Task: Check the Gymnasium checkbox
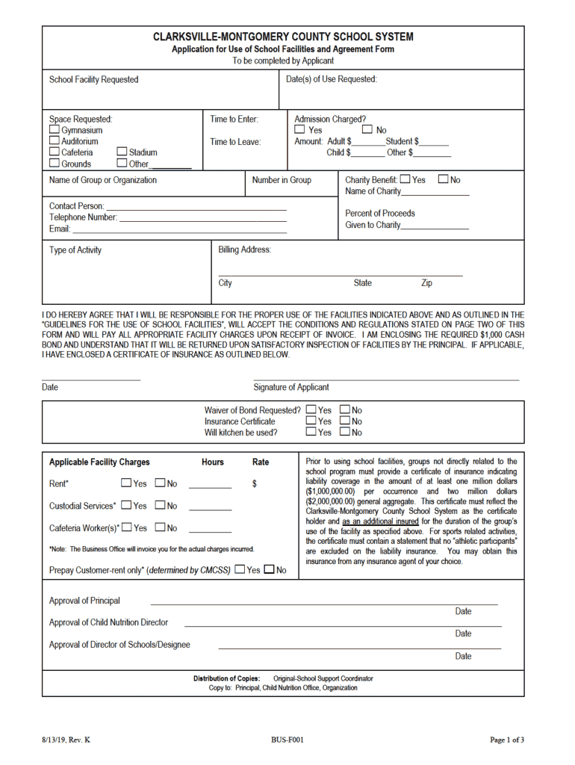[55, 130]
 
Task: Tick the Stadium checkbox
[122, 152]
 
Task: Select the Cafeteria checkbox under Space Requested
[55, 152]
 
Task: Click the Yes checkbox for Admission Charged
[300, 130]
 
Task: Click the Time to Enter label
[234, 120]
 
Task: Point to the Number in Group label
[282, 180]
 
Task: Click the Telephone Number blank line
[202, 217]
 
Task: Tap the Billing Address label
[244, 250]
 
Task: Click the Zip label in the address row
[426, 283]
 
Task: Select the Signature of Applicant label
[290, 387]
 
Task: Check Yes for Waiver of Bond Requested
[311, 410]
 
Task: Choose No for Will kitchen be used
[345, 432]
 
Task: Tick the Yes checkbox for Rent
[126, 483]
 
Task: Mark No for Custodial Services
[160, 506]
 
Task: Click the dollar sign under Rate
[255, 484]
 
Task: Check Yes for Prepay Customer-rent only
[240, 570]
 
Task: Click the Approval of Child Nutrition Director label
[108, 622]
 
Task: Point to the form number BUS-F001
[287, 740]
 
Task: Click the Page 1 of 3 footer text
[507, 740]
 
